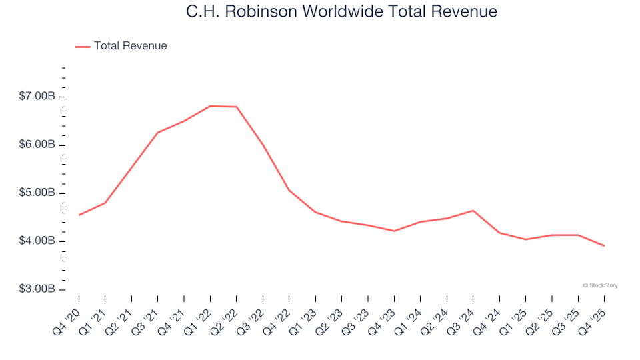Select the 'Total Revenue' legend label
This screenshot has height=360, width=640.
[x=130, y=46]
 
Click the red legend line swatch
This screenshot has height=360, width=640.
[x=83, y=46]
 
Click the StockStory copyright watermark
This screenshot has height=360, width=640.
[x=600, y=285]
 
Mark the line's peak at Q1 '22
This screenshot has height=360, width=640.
[x=210, y=106]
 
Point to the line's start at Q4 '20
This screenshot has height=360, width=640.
[x=79, y=215]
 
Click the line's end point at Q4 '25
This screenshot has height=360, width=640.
[x=604, y=246]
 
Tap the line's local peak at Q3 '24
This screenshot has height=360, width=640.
[x=473, y=211]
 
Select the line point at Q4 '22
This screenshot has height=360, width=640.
[x=289, y=190]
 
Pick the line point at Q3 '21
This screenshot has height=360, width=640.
[x=157, y=133]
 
